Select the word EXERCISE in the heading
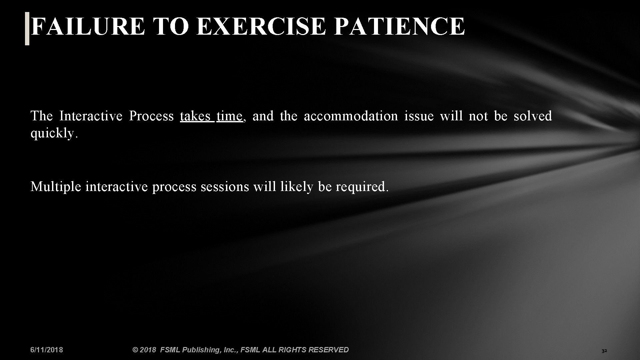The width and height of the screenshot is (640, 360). coord(261,26)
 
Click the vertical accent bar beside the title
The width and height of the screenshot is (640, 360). coord(27,28)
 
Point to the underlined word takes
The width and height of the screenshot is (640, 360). coord(195,116)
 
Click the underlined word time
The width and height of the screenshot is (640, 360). coord(229,116)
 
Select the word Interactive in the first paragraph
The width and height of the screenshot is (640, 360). coord(91,116)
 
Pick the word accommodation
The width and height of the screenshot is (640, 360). coord(351,116)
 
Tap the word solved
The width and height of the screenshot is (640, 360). coord(533,116)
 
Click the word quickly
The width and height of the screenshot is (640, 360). coord(53,133)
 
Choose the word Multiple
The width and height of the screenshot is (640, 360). coord(56,187)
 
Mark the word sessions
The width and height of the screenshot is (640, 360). coord(225,187)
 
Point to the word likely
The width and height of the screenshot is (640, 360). coord(297,187)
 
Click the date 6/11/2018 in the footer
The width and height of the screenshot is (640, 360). coord(47,350)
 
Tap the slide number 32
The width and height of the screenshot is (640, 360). coord(604,351)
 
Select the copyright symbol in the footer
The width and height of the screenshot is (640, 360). coord(135,350)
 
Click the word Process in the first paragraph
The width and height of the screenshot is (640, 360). coord(151,116)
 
